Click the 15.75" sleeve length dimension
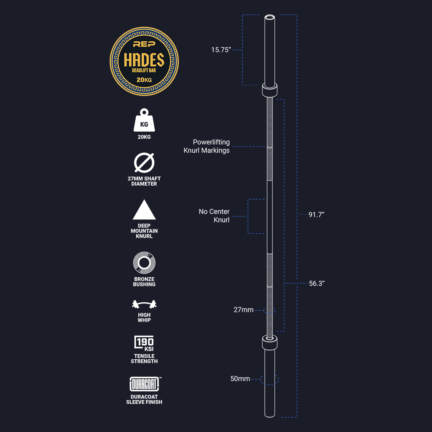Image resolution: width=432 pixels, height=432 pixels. [x=221, y=50]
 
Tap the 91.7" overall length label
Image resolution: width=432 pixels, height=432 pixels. [x=316, y=215]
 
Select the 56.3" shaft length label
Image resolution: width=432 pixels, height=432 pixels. [x=316, y=284]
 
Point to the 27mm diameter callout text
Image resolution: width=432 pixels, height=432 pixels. [x=244, y=310]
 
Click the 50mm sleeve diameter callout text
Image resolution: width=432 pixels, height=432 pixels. [x=240, y=379]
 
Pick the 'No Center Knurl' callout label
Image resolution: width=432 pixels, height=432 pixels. [x=214, y=216]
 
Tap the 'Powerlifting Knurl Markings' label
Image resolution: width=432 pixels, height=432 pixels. [x=207, y=146]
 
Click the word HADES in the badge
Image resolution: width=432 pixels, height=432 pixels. [x=144, y=60]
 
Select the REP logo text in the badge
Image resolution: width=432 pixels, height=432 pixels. [x=144, y=44]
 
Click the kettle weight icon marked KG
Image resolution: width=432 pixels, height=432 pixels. [x=144, y=120]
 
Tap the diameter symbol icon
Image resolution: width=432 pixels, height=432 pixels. [x=144, y=162]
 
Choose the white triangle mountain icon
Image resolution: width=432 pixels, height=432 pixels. [x=144, y=210]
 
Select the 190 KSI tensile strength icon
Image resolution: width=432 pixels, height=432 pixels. [x=144, y=343]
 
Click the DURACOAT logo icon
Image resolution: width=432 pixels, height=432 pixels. [x=145, y=384]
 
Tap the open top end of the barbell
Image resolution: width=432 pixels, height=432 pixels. [x=270, y=17]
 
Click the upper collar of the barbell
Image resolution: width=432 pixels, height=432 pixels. [x=270, y=90]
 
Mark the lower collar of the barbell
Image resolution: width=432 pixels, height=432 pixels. [x=270, y=342]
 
